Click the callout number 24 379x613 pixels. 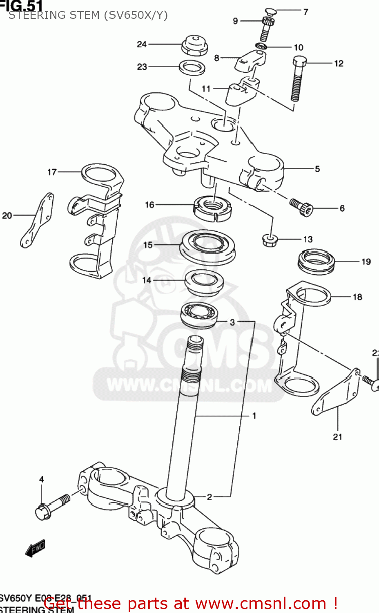click(141, 44)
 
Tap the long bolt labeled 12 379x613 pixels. click(298, 79)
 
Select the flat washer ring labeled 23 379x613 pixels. click(192, 67)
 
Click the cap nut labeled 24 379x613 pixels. click(194, 45)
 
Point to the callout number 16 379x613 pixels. click(149, 204)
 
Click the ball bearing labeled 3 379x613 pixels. click(199, 315)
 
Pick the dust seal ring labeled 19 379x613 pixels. click(316, 262)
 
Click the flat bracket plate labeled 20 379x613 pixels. click(37, 221)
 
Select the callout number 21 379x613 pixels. click(337, 437)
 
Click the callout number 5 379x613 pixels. click(317, 169)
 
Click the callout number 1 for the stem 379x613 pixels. click(254, 416)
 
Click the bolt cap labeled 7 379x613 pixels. click(271, 11)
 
